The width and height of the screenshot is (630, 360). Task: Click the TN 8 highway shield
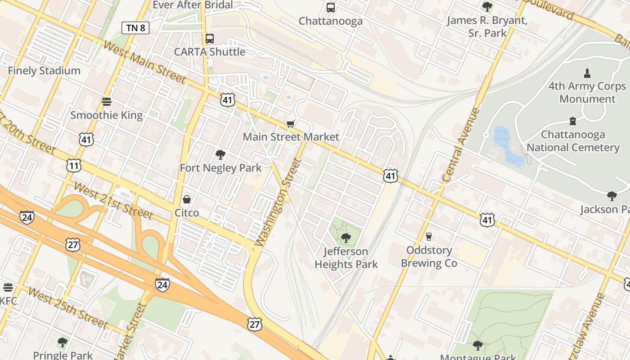(x=135, y=28)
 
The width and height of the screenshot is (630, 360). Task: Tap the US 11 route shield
(x=74, y=166)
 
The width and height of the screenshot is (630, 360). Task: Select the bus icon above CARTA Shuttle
(x=209, y=39)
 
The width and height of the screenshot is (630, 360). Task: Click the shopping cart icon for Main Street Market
(x=291, y=124)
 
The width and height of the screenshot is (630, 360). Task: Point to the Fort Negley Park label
(x=220, y=168)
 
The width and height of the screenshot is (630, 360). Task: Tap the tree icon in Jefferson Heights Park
(x=346, y=238)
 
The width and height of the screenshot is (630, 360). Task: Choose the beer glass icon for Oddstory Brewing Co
(x=428, y=236)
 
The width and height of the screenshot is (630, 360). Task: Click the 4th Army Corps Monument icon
(x=587, y=73)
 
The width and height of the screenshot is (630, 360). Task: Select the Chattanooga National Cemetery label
(x=573, y=141)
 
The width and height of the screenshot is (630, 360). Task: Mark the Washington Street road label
(x=278, y=202)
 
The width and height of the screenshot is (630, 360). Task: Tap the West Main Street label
(x=144, y=62)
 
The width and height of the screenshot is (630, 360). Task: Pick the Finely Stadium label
(x=44, y=71)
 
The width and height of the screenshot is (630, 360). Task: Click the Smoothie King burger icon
(x=107, y=101)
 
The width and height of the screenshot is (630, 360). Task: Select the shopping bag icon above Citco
(x=186, y=199)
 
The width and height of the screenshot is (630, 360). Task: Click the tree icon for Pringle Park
(x=63, y=342)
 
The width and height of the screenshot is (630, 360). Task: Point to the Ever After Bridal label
(x=193, y=5)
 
